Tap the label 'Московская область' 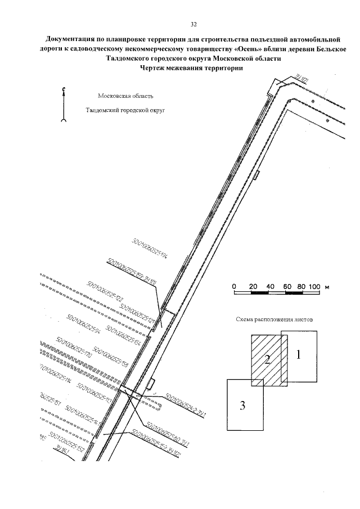[x=125, y=97]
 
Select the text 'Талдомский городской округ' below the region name [x=124, y=111]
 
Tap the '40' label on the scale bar [x=271, y=286]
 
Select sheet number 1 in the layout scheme [x=299, y=355]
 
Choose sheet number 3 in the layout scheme [x=243, y=404]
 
